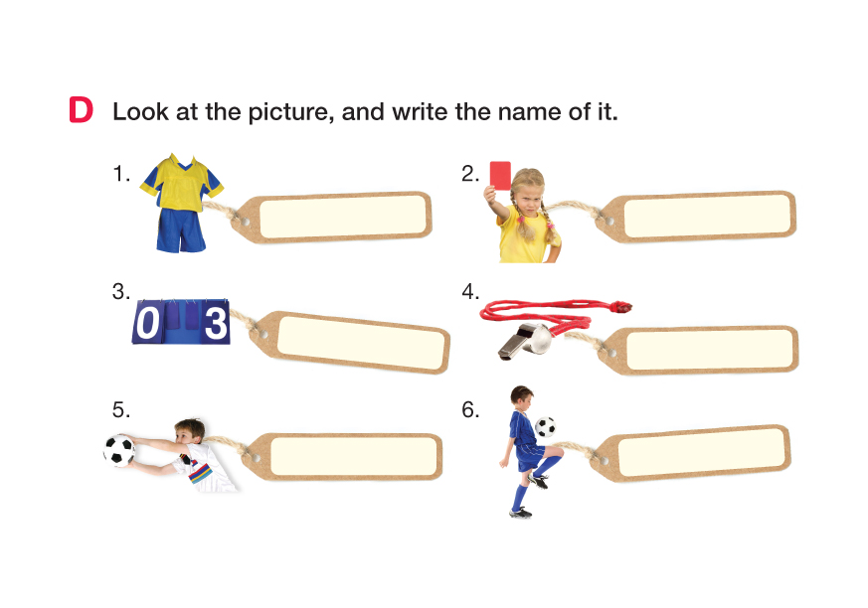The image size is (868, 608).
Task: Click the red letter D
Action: pyautogui.click(x=81, y=109)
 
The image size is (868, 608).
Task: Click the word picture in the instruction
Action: pyautogui.click(x=290, y=113)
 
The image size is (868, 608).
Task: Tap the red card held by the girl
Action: pyautogui.click(x=500, y=176)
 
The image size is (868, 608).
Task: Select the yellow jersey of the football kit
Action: pyautogui.click(x=182, y=183)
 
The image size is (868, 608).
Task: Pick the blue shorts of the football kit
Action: pyautogui.click(x=181, y=230)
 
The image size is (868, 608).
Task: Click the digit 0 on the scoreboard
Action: pyautogui.click(x=147, y=323)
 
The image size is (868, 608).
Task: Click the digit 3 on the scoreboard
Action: pyautogui.click(x=216, y=323)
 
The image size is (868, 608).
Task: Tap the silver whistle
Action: pyautogui.click(x=525, y=342)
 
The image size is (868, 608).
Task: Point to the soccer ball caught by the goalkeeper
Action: pyautogui.click(x=119, y=450)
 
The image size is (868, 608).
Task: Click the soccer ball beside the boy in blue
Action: pyautogui.click(x=545, y=427)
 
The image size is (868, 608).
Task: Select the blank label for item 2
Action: pyautogui.click(x=707, y=216)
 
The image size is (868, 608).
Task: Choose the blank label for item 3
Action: pyautogui.click(x=361, y=342)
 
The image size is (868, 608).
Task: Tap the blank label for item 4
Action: pyautogui.click(x=710, y=350)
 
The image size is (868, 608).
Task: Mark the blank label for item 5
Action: pyautogui.click(x=353, y=456)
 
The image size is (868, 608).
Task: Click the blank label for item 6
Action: pyautogui.click(x=701, y=452)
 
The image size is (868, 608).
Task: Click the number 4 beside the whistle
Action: pyautogui.click(x=469, y=291)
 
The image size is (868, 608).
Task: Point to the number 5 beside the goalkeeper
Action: pyautogui.click(x=119, y=410)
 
